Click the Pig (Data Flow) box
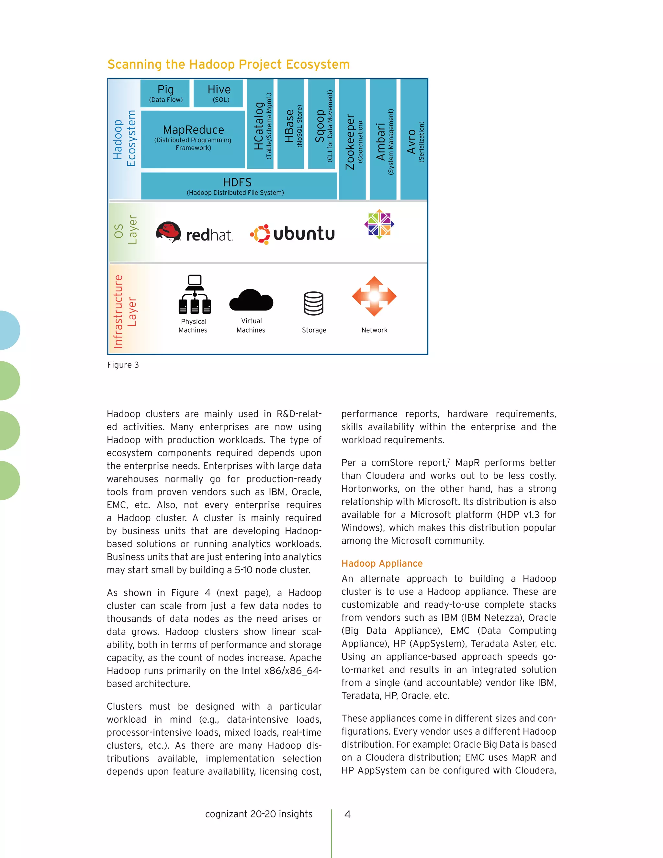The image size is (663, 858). pos(165,94)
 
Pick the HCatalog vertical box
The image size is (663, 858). pos(260,124)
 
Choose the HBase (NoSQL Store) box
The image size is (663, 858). pos(291,124)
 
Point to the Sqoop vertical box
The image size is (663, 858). pos(321,124)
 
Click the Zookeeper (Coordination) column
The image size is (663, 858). pos(352,140)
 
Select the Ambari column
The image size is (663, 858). pos(383,140)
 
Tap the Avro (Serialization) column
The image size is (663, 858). pos(414,140)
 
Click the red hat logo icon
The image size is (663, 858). pos(168,232)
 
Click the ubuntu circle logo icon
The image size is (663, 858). pos(260,234)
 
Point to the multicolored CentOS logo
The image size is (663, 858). pos(379,224)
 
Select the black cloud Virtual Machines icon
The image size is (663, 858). pos(251,300)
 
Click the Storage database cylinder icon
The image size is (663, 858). pos(313,303)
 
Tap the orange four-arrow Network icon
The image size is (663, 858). pos(374,296)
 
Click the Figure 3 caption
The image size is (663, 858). pos(123,365)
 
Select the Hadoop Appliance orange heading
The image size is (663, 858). pos(382,563)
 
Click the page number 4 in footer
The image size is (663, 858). pos(347,814)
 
